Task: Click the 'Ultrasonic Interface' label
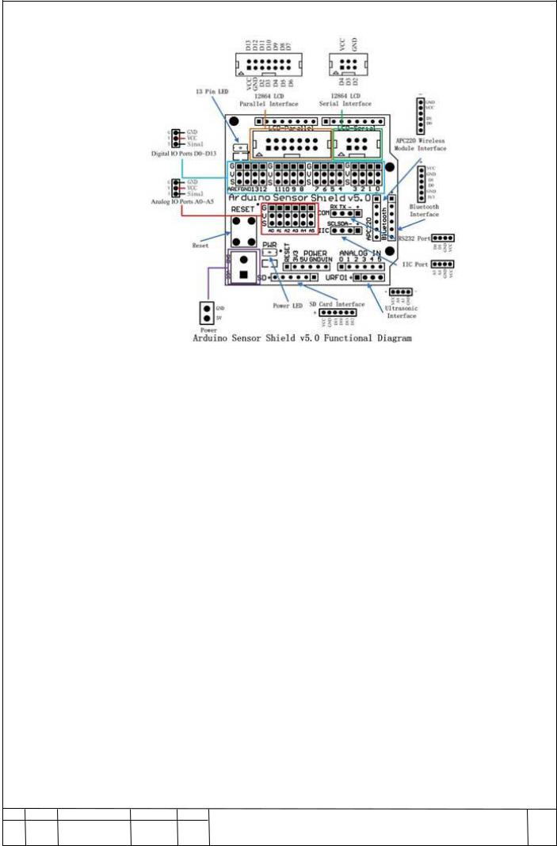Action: click(x=401, y=311)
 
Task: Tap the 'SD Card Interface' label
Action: click(x=341, y=303)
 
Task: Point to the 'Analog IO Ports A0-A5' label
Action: click(x=183, y=201)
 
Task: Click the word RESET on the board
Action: click(x=243, y=208)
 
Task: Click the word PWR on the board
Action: click(x=270, y=246)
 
